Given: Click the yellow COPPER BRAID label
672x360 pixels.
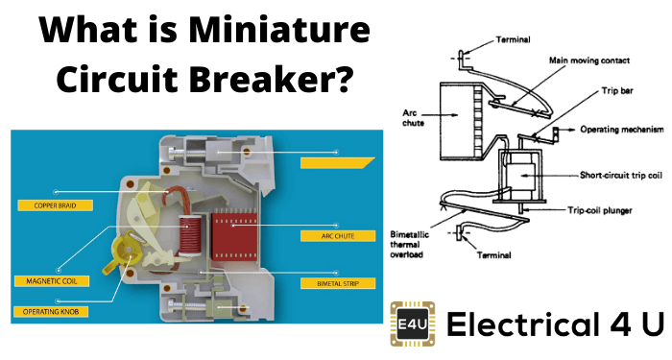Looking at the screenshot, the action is tap(55, 205).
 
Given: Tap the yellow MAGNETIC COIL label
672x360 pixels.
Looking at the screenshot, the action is tap(52, 281).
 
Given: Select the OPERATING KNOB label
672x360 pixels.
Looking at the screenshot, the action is tap(51, 312).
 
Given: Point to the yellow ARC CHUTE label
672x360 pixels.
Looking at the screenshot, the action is tap(338, 236).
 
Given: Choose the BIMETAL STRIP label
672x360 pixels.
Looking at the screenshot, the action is tap(338, 283).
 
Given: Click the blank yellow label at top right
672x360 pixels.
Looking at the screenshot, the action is tap(337, 163).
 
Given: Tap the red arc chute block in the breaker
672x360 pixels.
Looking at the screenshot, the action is tap(234, 235).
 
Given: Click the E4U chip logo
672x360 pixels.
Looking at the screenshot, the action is tap(412, 324).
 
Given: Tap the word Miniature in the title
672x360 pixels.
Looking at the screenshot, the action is tap(279, 31).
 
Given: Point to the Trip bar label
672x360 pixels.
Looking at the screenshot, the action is tap(617, 90).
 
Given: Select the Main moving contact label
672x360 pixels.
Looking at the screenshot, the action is tap(589, 60).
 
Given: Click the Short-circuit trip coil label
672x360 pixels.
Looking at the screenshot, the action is tap(621, 175).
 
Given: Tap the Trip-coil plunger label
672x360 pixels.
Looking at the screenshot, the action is tap(600, 210).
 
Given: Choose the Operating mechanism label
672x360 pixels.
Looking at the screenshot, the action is tap(622, 129).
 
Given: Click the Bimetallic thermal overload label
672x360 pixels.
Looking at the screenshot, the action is tap(409, 244).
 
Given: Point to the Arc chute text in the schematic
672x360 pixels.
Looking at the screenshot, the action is tap(413, 118).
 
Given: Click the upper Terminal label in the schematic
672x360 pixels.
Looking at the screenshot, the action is tap(513, 39).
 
